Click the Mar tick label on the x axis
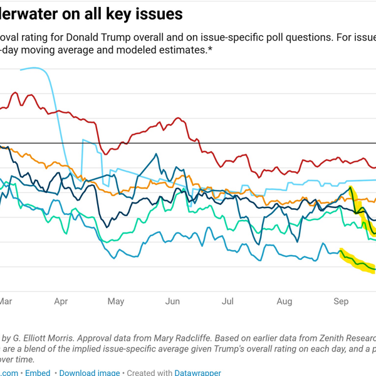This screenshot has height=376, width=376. point(6,301)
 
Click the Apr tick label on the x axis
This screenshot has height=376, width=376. point(61,301)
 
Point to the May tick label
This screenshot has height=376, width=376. point(116,301)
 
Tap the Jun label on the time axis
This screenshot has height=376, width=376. point(172,301)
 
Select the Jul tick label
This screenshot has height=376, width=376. point(227,301)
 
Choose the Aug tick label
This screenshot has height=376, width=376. point(284,301)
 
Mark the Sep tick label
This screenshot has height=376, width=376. point(340,301)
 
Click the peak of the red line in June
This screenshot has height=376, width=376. point(179,117)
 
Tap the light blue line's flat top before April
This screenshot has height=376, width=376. point(34,68)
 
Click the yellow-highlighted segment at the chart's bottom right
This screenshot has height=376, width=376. point(358,261)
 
